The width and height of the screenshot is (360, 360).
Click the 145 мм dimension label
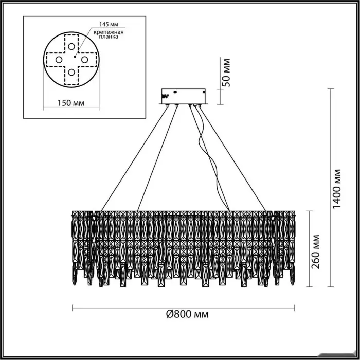pos(109,24)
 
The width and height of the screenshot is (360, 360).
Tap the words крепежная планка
pos(109,34)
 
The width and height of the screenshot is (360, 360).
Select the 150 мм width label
pos(71,103)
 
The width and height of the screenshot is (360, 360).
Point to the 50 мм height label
pos(227,73)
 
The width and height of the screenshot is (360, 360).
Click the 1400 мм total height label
pos(337,189)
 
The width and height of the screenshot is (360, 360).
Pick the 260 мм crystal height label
pos(315,251)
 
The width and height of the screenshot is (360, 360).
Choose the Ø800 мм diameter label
pos(187,314)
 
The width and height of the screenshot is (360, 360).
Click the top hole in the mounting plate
pos(71,47)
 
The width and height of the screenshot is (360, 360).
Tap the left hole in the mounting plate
pos(59,60)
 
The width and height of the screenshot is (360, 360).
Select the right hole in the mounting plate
pos(84,60)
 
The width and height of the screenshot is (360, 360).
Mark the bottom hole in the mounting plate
pos(71,73)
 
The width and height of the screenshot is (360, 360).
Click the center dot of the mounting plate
pos(75,57)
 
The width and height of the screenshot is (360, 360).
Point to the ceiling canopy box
pos(184,97)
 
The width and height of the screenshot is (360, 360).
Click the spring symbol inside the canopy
pos(166,96)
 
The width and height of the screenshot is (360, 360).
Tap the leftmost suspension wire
pos(134,159)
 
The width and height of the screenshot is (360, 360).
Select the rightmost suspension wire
pos(232,159)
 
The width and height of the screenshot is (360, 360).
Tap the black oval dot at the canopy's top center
pos(175,92)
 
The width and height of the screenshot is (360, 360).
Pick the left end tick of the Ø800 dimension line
pos(73,308)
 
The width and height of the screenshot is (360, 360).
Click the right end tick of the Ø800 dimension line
pos(294,308)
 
